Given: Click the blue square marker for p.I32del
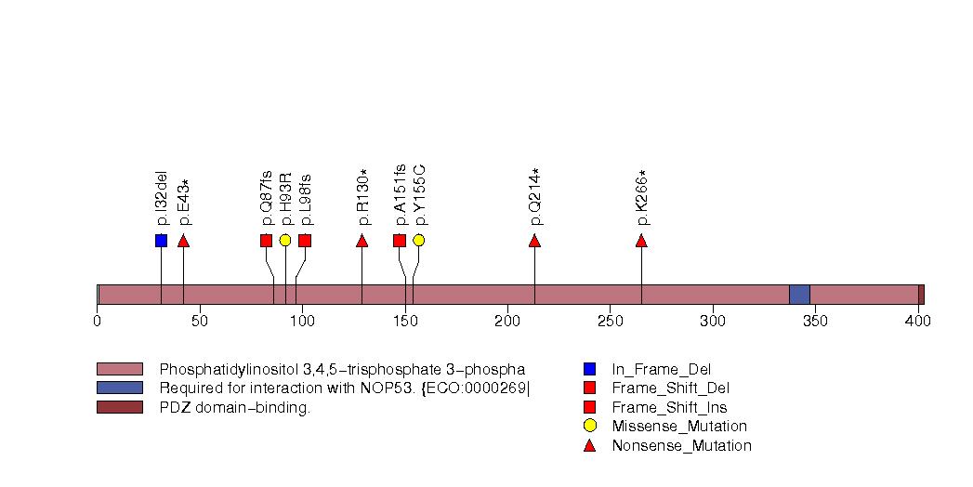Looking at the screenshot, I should pos(161,241).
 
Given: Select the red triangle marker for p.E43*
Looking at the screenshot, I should pos(183,241).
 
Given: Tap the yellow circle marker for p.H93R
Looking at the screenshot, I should pos(285,241).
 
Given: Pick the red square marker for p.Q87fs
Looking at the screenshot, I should pos(266,241).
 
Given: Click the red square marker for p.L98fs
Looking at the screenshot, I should pos(305,241).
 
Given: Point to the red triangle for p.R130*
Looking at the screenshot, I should pos(362,241).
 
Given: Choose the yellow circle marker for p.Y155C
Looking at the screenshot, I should pos(418,241).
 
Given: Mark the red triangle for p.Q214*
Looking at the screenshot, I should pos(534,241).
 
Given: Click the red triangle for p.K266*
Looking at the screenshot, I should pos(641,241).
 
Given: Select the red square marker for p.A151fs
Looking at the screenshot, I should pos(400,241).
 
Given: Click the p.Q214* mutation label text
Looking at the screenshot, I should pos(535,196).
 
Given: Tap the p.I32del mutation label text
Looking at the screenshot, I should pos(162,197).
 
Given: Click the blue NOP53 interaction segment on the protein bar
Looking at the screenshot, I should pos(799,295).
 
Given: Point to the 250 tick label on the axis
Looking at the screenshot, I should pos(610,322).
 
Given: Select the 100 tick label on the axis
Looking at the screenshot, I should pos(302,322).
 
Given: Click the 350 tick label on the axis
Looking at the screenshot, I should pos(815,322).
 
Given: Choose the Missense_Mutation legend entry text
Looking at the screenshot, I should pos(679,427).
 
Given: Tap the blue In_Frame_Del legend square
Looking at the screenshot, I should pos(589,369).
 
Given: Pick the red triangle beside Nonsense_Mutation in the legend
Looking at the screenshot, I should pos(589,446).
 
